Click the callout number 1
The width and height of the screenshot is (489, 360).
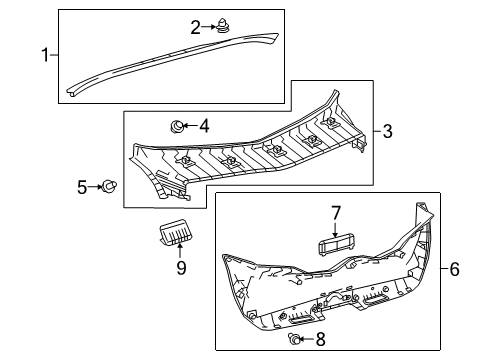point(43,52)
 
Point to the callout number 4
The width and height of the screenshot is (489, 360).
point(203,126)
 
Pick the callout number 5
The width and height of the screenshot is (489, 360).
point(83,186)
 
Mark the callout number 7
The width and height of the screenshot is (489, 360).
point(335,212)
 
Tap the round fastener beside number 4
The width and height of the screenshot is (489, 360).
point(176,126)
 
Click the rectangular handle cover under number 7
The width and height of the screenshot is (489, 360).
point(335,245)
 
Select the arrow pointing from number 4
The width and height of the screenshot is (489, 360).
point(191,126)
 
